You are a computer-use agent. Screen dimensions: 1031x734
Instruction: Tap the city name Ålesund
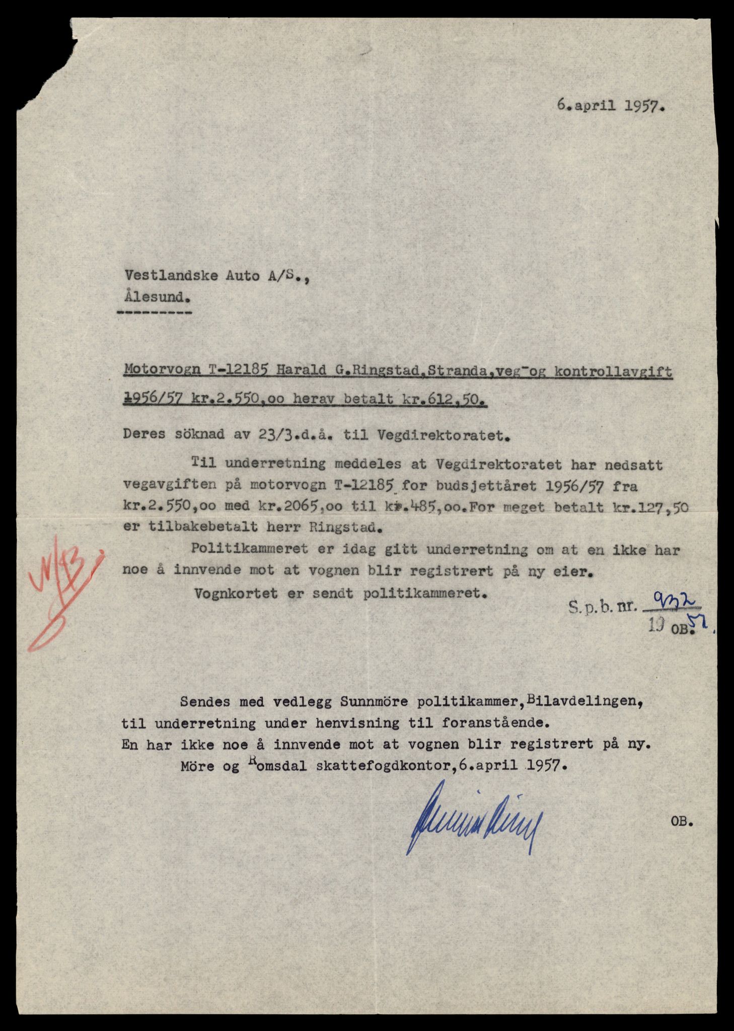coord(157,297)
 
